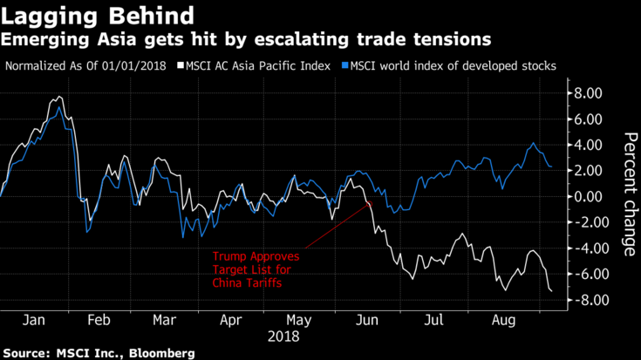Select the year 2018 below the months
284,335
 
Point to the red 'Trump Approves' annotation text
256,257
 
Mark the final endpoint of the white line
550,291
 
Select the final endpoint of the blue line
550,166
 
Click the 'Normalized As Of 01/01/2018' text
85,65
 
